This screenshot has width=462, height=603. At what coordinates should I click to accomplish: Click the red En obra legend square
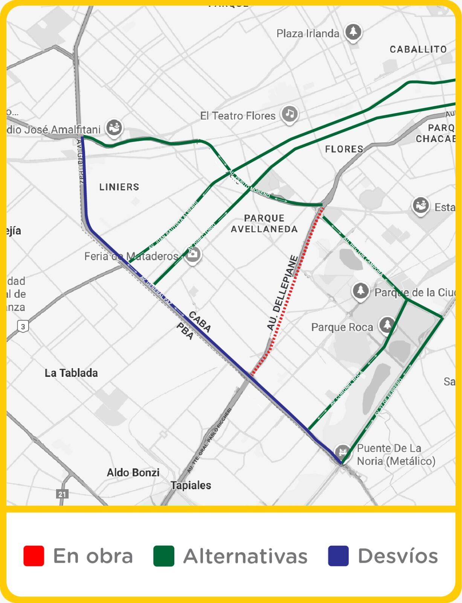point(34,556)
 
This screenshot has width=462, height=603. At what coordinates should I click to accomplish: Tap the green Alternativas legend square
point(164,556)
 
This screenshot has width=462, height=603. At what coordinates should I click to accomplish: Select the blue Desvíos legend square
point(338,556)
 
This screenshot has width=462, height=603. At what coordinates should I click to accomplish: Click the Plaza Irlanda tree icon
point(353,32)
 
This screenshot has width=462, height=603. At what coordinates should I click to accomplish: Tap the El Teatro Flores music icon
point(289,113)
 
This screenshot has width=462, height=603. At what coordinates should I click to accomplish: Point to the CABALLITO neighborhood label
point(418,49)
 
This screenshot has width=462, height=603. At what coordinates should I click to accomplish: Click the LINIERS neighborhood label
point(119,187)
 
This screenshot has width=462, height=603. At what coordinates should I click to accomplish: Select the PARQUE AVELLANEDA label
point(264,223)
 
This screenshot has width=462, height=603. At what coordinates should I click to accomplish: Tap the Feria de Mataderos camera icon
point(192,255)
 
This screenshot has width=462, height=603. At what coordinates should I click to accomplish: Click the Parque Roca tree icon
point(386,325)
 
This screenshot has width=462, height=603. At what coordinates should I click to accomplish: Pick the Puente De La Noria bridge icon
point(343,451)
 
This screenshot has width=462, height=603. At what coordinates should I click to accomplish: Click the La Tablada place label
point(71,373)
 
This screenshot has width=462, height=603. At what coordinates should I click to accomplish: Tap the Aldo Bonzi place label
point(133,473)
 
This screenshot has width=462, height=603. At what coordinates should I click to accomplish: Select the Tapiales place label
point(191,485)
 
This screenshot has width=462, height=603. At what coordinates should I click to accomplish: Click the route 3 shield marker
point(23,326)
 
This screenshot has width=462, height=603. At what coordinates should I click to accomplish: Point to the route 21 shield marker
point(62,494)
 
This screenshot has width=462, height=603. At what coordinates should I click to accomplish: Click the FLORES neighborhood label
point(344,149)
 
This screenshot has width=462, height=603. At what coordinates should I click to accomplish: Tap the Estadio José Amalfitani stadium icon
point(113,127)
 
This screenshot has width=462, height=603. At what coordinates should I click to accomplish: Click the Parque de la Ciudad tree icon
point(360,291)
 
